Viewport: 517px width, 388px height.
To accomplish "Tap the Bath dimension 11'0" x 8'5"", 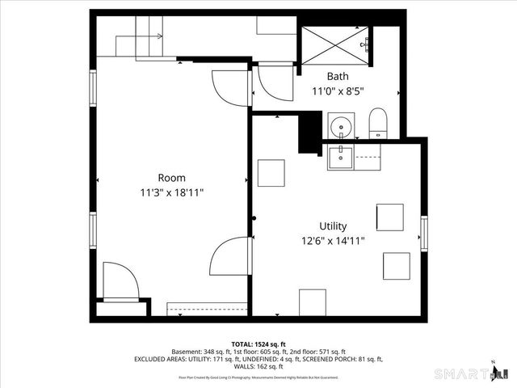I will [x=338, y=91].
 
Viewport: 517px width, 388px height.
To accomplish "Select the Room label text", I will [x=171, y=178].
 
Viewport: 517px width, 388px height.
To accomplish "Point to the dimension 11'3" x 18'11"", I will [x=171, y=193].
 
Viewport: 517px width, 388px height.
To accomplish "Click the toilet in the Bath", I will [x=379, y=124].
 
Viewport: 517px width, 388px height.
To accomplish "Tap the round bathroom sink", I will [x=339, y=127].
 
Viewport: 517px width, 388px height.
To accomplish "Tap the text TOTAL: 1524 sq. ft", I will [x=258, y=344].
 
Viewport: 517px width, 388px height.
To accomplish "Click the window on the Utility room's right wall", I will [x=422, y=233].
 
